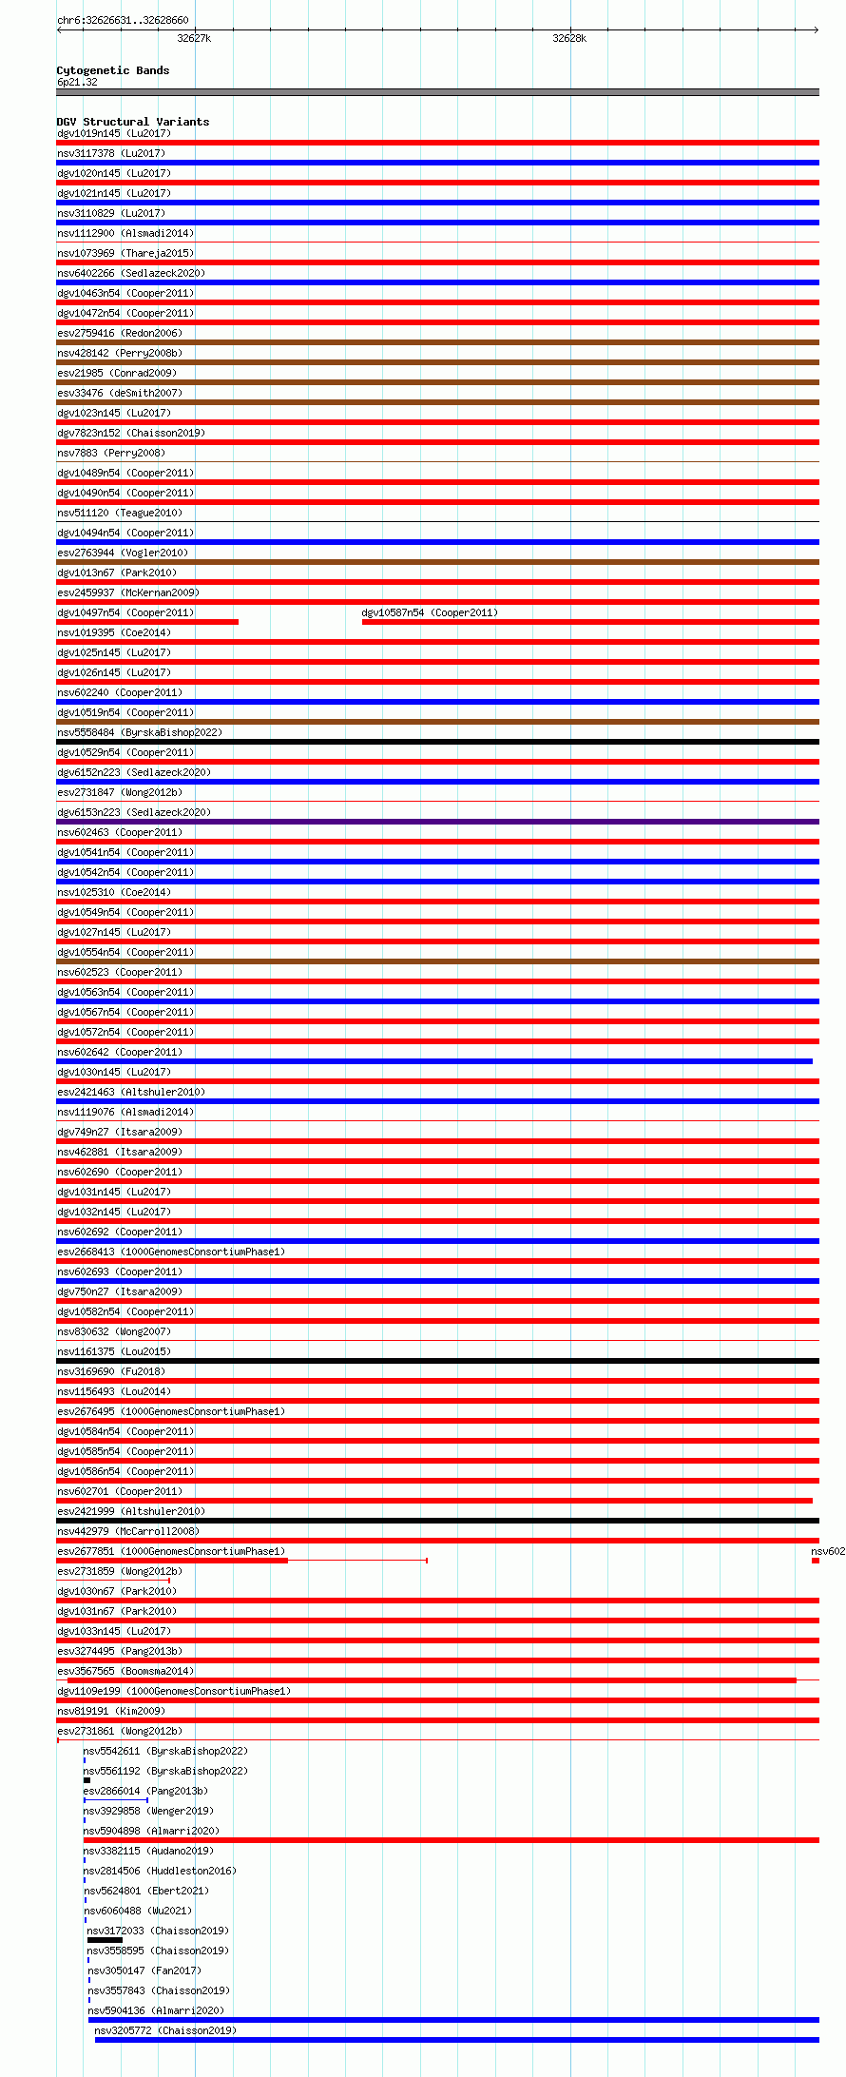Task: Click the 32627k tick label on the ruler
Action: click(x=194, y=38)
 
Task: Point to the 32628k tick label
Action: click(x=569, y=38)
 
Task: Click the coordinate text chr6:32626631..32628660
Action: click(x=123, y=20)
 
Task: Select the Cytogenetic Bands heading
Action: click(x=113, y=70)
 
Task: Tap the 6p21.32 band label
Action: click(x=77, y=82)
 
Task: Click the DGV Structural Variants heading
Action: click(x=133, y=122)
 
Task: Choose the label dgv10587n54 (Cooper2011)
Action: click(x=430, y=612)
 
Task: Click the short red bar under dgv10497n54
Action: click(x=147, y=622)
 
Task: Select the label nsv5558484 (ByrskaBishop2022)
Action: click(x=140, y=732)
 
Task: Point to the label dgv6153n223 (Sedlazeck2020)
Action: click(x=134, y=812)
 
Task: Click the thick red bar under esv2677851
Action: click(x=172, y=1561)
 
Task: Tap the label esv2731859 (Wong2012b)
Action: click(x=120, y=1571)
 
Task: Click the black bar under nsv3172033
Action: click(x=105, y=1940)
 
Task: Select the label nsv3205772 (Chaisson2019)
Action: click(x=165, y=2030)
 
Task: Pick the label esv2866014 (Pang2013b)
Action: click(x=145, y=1791)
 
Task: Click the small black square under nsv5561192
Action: click(x=87, y=1780)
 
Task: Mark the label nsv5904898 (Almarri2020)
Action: click(x=151, y=1831)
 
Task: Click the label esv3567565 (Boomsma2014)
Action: click(x=125, y=1671)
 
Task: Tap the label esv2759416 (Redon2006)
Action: click(x=120, y=333)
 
